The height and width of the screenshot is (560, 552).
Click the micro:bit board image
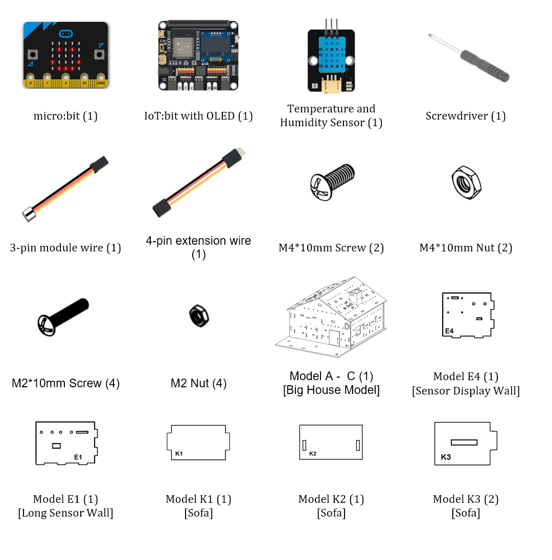pos(66,55)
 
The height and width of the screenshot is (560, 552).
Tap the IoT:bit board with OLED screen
pos(198,55)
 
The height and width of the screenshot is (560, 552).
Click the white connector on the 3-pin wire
pos(29,214)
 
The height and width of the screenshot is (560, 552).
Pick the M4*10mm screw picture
pos(332,182)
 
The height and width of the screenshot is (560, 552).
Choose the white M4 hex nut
pos(466,182)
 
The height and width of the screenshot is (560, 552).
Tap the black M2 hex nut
pos(199,316)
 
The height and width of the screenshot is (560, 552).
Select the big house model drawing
pos(331,317)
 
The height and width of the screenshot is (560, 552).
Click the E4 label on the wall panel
pos(449,331)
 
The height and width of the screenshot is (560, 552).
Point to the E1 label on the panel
pos(78,457)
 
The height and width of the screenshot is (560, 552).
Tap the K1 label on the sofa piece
pos(179,454)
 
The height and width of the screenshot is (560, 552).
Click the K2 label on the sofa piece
pos(313,454)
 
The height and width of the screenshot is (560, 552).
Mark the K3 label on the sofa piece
pos(446,457)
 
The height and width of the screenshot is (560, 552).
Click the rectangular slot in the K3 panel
pos(464,442)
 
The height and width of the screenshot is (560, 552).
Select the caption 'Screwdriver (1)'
pos(466,116)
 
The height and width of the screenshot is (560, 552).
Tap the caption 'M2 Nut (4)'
pos(199,383)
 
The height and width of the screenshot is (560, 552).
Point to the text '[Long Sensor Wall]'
pos(66,513)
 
